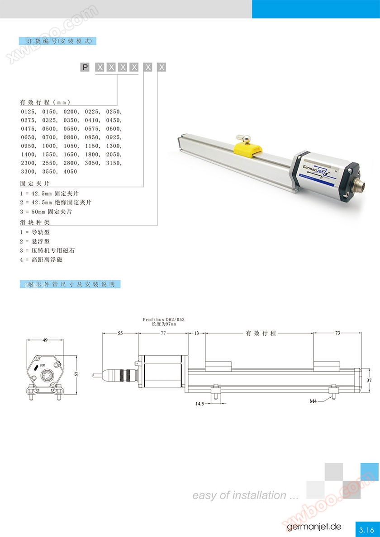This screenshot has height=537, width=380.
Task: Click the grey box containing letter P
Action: [85, 68]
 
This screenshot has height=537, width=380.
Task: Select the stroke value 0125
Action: [28, 111]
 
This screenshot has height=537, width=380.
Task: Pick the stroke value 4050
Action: [71, 172]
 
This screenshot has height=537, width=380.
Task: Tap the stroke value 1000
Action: [49, 146]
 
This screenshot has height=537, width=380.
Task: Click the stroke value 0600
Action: [114, 128]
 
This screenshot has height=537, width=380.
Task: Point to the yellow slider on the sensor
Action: [249, 147]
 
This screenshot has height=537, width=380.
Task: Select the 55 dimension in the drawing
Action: [120, 333]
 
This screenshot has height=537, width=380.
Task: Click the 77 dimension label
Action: [163, 333]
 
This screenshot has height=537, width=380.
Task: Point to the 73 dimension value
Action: [337, 333]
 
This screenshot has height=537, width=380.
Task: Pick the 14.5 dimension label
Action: [199, 403]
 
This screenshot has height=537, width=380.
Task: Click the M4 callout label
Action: [313, 401]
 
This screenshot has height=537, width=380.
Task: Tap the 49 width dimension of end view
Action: [45, 340]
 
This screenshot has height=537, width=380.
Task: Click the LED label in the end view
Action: [43, 365]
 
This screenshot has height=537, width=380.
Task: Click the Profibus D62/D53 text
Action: [164, 320]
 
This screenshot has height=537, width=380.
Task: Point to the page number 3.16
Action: [366, 529]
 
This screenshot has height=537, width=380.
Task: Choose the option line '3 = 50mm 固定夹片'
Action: [46, 212]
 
